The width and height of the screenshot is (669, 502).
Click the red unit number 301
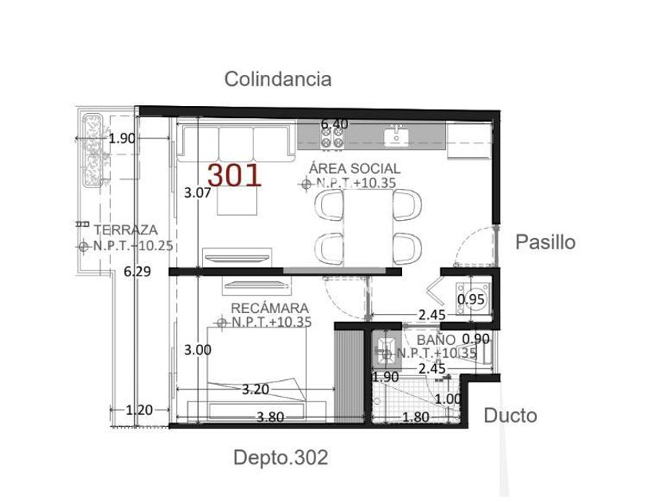(234, 175)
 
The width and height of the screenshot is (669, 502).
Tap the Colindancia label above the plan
(278, 79)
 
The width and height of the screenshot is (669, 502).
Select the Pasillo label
(546, 242)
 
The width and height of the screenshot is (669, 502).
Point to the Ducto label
(511, 415)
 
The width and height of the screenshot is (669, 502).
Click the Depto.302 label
(280, 457)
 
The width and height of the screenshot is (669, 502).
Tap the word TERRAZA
(126, 229)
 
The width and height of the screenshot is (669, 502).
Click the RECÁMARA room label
(270, 308)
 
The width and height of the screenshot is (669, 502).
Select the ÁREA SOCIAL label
(355, 168)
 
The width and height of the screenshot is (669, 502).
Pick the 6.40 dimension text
(334, 124)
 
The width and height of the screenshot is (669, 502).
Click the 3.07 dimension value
(198, 193)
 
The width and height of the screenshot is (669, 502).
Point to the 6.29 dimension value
(137, 272)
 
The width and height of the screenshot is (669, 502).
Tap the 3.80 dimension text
(270, 417)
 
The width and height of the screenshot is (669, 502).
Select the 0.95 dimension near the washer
(471, 300)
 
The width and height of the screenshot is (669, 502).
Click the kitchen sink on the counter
(397, 136)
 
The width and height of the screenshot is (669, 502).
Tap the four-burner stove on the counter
(332, 138)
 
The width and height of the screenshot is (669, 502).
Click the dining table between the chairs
(368, 227)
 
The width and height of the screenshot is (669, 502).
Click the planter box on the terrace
(92, 151)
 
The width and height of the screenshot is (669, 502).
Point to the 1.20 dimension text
(139, 410)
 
